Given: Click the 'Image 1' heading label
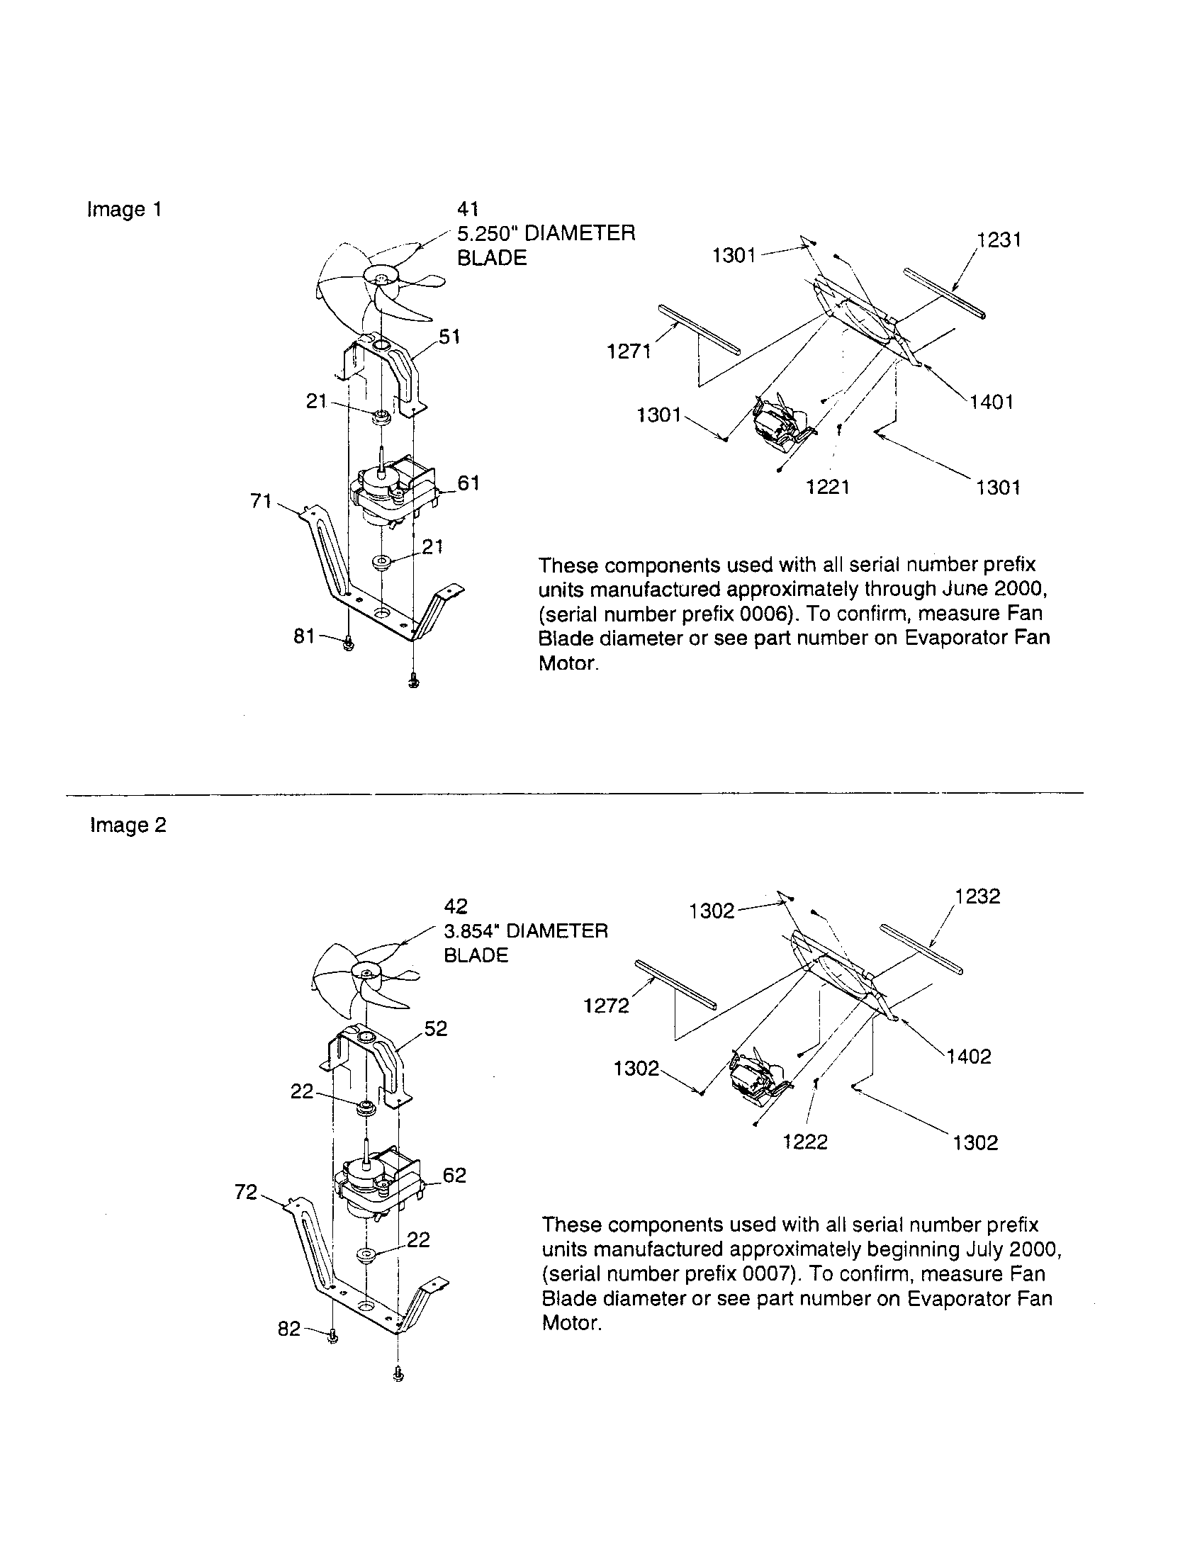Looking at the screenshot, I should coord(124,210).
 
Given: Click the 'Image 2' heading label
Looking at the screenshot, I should coord(128,825).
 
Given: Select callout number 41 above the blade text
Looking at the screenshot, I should coord(468,209).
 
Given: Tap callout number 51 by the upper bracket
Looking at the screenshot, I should coord(449,336).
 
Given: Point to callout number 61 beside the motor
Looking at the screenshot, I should coord(468,483).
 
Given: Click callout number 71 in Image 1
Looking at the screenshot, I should coord(262,501).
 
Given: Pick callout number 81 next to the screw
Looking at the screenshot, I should coord(304,636).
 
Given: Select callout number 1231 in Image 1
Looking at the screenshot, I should coord(999,240).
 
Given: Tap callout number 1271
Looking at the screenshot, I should coord(628,351).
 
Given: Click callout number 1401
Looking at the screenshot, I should coord(992,402).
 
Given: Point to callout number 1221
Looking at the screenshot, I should coord(827,487).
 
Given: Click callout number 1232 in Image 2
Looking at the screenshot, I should coord(978,896).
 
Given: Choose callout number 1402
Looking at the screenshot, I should coord(970,1057).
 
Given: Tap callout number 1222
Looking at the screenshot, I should coord(805,1142).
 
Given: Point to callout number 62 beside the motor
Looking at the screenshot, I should coord(455,1175).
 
